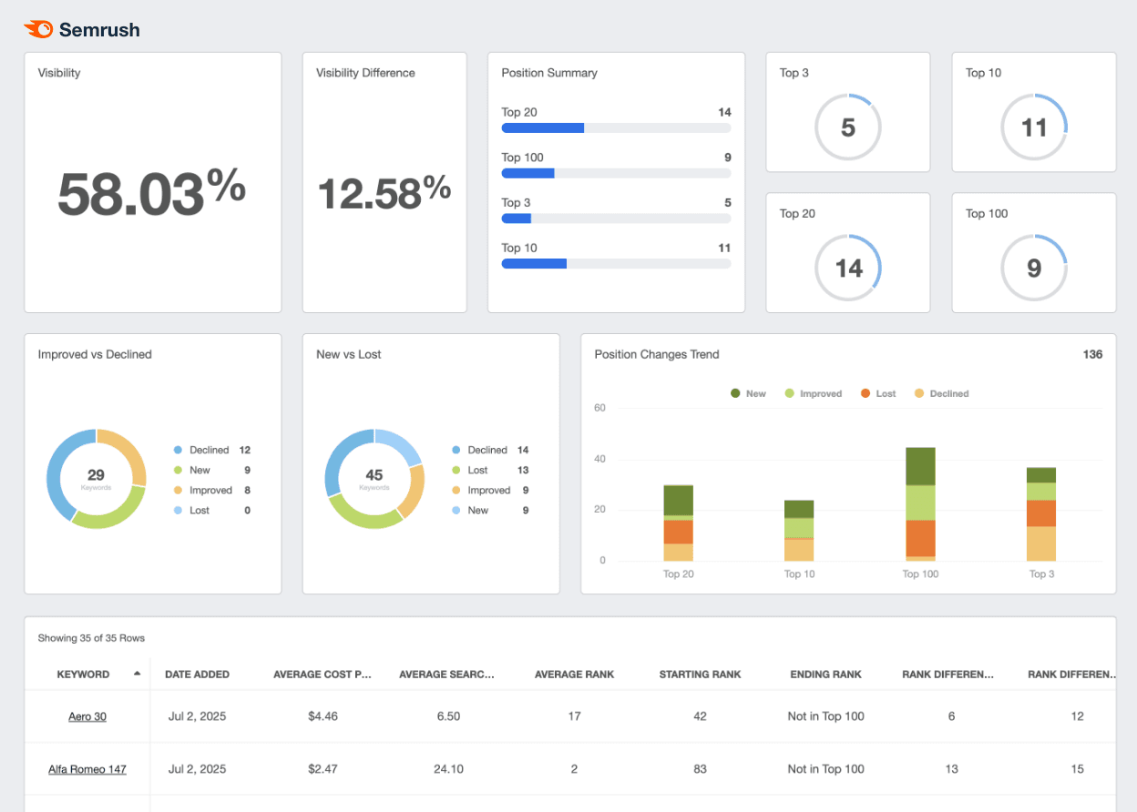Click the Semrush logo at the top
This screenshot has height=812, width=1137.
click(x=82, y=30)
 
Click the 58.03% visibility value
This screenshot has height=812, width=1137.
click(x=151, y=193)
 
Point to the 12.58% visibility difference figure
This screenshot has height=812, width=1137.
click(x=384, y=193)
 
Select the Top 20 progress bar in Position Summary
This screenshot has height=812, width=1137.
click(x=616, y=128)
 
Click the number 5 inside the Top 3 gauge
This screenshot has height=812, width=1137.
click(x=847, y=127)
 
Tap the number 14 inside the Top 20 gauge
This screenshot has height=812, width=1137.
click(x=847, y=269)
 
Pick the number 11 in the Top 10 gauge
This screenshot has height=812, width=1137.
click(x=1033, y=127)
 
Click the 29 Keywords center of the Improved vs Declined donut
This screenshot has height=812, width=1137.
click(x=96, y=477)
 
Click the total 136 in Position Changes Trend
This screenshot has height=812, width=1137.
click(x=1091, y=354)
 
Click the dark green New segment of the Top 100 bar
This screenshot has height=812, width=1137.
click(x=920, y=466)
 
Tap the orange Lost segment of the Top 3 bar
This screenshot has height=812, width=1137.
click(x=1041, y=513)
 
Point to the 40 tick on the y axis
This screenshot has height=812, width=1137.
click(x=599, y=459)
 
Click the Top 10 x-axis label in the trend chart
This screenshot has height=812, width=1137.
click(x=799, y=574)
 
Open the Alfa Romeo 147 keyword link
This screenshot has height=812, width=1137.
click(x=87, y=769)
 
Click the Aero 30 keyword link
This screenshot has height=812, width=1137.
click(x=87, y=716)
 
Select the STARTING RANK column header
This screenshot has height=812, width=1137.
click(x=700, y=675)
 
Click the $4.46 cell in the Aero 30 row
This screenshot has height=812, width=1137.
click(x=323, y=716)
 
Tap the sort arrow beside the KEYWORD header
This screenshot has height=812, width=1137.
click(x=137, y=674)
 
